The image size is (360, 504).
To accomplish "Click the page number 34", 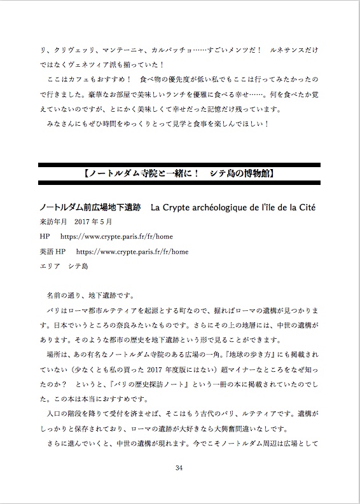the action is tap(179, 468).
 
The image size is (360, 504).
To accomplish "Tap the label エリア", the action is tap(48, 266).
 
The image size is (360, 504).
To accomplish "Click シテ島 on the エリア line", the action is tap(78, 266).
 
